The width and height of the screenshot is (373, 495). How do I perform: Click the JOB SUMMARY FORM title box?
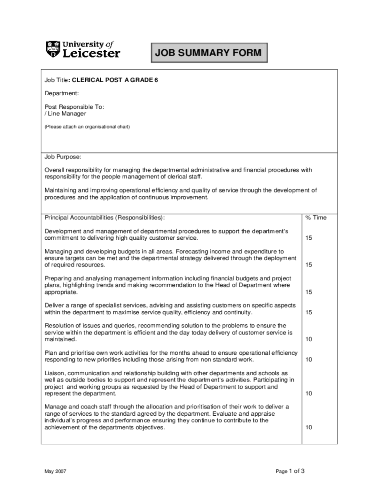[x=209, y=53]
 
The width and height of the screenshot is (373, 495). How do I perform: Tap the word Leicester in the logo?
[x=92, y=53]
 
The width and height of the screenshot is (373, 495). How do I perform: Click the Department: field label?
[x=62, y=93]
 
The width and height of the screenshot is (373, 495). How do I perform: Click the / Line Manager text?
[x=65, y=114]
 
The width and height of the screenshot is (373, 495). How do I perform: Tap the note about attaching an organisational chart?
[x=87, y=127]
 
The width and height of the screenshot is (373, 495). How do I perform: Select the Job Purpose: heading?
[x=63, y=157]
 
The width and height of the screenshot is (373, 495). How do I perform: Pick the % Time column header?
[x=316, y=218]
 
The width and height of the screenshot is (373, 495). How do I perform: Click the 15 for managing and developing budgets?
[x=309, y=265]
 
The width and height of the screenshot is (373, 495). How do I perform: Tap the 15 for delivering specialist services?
[x=309, y=312]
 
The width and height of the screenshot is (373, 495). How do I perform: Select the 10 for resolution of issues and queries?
[x=309, y=339]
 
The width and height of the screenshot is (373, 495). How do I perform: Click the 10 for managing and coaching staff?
[x=309, y=427]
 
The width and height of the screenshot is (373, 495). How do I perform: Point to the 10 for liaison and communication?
[x=309, y=393]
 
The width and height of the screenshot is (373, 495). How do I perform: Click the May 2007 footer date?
[x=56, y=471]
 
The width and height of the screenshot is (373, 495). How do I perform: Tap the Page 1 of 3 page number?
[x=290, y=471]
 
